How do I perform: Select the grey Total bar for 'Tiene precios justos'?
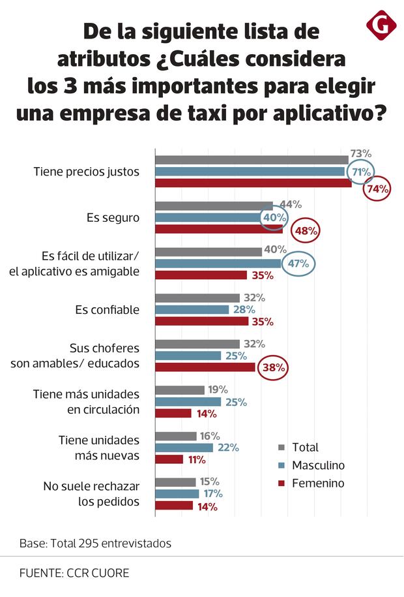pyautogui.click(x=252, y=160)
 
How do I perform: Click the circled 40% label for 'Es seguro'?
pyautogui.click(x=274, y=217)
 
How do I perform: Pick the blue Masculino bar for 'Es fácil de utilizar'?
pyautogui.click(x=218, y=264)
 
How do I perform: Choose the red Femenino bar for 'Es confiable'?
pyautogui.click(x=201, y=322)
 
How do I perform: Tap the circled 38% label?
pyautogui.click(x=274, y=367)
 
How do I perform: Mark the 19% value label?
pyautogui.click(x=215, y=390)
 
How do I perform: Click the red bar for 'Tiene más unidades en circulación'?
pyautogui.click(x=173, y=413)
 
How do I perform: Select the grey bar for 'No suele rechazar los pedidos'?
pyautogui.click(x=175, y=482)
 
